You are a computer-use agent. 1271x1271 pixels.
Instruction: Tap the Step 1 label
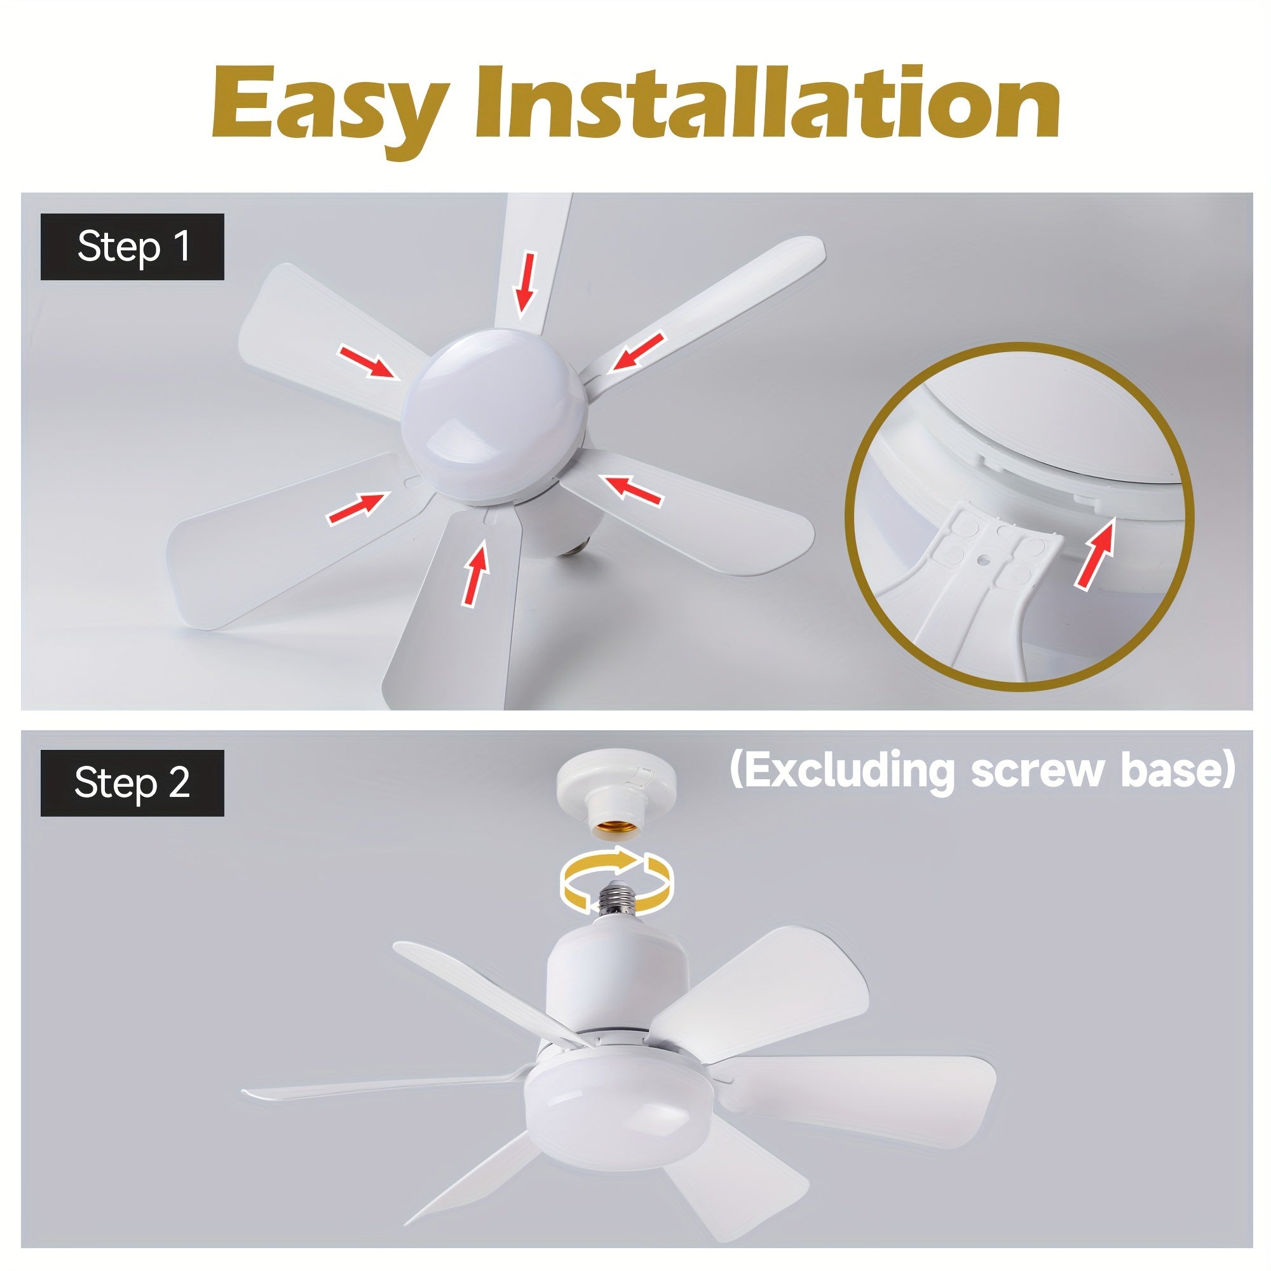(132, 247)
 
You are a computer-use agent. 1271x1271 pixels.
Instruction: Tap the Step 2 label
(132, 782)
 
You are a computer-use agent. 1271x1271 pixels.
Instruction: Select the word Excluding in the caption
(848, 771)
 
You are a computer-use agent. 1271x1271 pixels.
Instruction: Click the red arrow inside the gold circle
(1096, 551)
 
